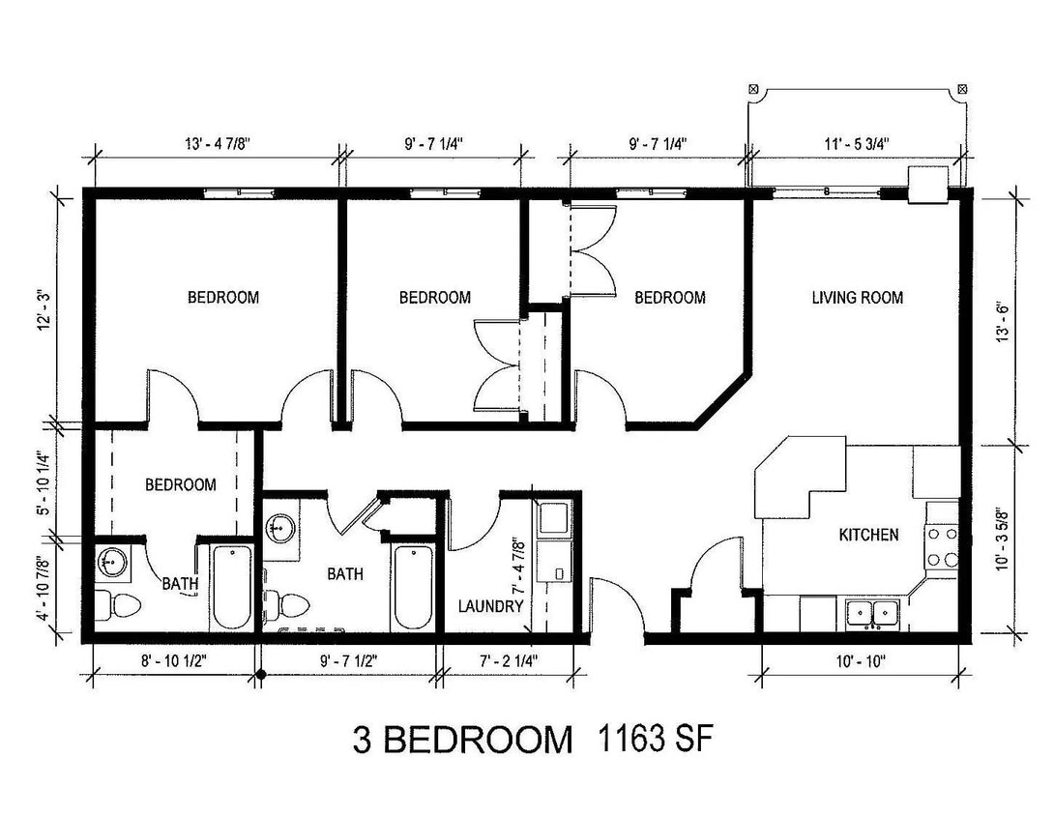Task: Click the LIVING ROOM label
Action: [x=857, y=298]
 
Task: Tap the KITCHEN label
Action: [x=868, y=535]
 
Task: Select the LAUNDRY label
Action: [x=491, y=607]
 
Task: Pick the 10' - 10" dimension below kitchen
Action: [x=860, y=663]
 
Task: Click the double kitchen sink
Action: [x=872, y=613]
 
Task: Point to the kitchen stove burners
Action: [x=941, y=545]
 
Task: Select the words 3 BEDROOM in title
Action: [x=461, y=741]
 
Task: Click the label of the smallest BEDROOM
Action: [x=180, y=484]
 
